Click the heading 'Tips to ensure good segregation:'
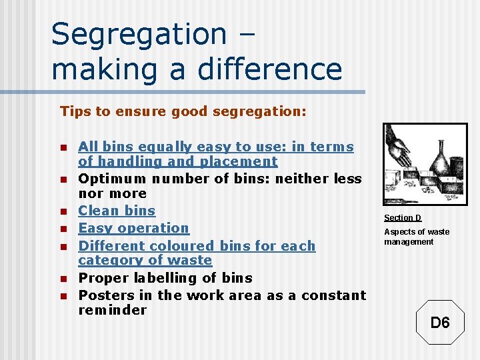(183, 111)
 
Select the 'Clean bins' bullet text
(117, 211)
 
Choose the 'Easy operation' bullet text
(134, 228)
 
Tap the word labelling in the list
(165, 278)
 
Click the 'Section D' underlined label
(403, 218)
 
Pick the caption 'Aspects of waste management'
(417, 237)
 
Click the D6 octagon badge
(440, 323)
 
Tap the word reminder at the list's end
(113, 310)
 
